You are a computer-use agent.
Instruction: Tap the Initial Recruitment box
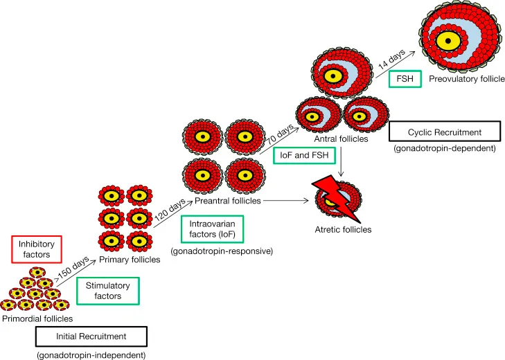coord(91,337)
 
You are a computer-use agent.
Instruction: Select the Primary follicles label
coord(130,260)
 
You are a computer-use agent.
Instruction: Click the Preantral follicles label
coord(227,201)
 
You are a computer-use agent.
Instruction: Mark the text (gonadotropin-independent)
coord(91,354)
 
